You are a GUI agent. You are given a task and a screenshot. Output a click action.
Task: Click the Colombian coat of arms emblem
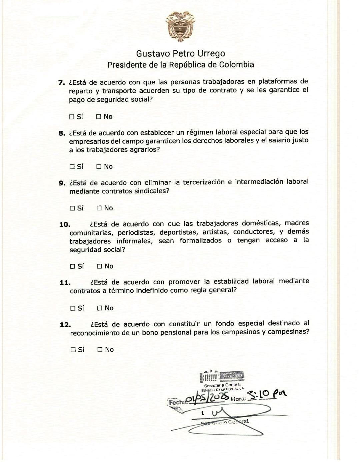(180, 26)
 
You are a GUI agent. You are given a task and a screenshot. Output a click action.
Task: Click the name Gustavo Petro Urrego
(180, 53)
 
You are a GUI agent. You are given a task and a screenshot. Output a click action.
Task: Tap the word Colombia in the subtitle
(237, 65)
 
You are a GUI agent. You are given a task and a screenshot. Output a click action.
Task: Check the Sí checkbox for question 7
(72, 117)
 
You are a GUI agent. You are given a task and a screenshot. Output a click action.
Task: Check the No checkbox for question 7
(99, 117)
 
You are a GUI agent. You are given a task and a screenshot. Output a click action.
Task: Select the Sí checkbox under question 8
(72, 167)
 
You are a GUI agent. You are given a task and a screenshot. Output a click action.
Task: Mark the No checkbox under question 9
(99, 208)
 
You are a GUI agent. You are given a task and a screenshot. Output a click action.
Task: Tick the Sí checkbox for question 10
(72, 267)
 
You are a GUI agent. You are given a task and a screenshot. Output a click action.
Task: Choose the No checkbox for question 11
(99, 308)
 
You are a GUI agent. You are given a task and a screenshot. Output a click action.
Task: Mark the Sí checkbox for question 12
(73, 350)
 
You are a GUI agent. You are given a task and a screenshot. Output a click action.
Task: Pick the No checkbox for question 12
(100, 350)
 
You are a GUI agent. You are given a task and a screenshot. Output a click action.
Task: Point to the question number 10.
(65, 224)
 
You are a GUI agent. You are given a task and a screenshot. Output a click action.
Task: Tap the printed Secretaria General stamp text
(222, 385)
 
